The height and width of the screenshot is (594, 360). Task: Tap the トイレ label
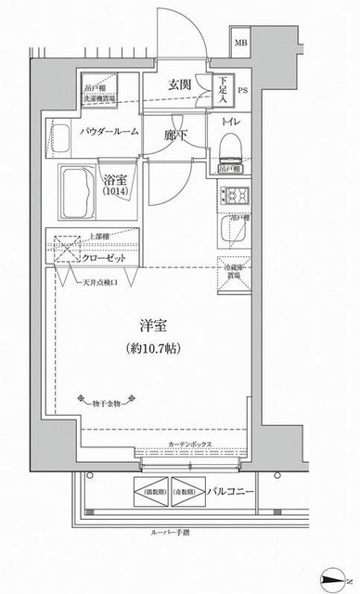[x=232, y=121]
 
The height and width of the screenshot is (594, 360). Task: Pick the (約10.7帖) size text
[x=154, y=349]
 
